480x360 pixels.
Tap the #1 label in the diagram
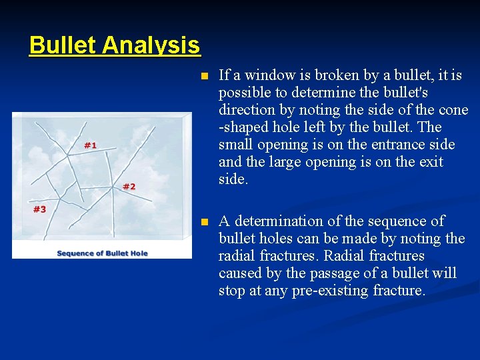coord(90,145)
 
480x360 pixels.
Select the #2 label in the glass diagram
coord(129,186)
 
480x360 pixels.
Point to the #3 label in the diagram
coord(40,209)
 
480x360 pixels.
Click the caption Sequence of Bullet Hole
coord(102,253)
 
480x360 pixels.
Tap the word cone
coord(454,110)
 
